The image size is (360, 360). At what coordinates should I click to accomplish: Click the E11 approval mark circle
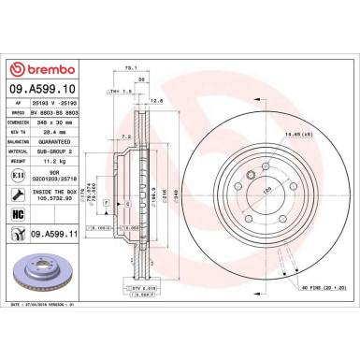tap(22, 175)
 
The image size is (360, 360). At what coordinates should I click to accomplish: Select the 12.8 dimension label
tap(157, 99)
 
